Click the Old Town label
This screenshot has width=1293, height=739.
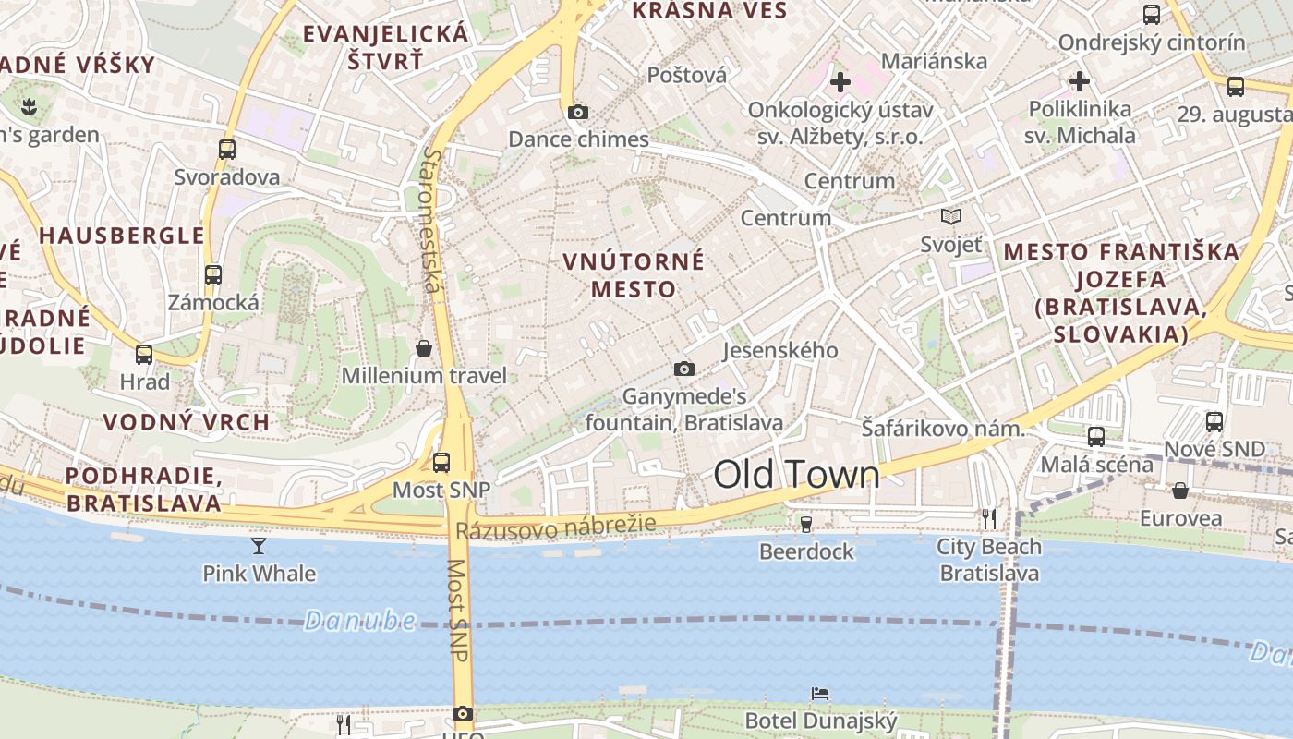coord(796,475)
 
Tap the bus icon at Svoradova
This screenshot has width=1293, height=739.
coord(227,149)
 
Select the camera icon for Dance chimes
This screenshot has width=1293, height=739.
coord(578,113)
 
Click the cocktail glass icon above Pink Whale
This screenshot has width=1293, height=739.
coord(259,546)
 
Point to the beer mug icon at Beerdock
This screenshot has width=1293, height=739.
coord(806,524)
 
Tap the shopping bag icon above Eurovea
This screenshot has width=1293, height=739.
coord(1179,490)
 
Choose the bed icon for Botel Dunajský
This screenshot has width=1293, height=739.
coord(820,693)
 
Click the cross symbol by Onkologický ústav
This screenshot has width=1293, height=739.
coord(840,82)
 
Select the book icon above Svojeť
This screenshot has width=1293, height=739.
coord(950,217)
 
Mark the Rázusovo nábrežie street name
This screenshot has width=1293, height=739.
coord(555,527)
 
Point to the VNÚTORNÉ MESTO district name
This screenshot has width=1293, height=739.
coord(634,275)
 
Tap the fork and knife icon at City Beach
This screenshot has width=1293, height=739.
coord(989,519)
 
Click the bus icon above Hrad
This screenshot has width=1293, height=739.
coord(144,354)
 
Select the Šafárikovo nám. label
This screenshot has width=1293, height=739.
coord(943,429)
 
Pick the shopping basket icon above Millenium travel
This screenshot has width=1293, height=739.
coord(424,348)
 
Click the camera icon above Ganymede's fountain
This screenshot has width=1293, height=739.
coord(683,369)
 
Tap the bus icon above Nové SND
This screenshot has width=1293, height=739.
coord(1214,421)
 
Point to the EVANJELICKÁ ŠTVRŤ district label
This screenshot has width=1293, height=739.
coord(386,48)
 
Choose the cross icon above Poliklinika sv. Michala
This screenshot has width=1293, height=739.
coord(1080,81)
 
